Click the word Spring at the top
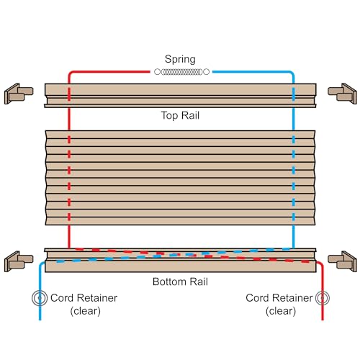tap(180, 59)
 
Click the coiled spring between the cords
tap(181, 72)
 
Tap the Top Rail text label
tap(180, 115)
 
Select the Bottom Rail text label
tap(180, 281)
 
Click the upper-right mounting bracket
tap(341, 92)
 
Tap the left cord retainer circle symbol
tap(38, 297)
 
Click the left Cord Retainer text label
tap(84, 298)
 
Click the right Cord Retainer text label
tap(278, 298)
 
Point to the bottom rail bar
tap(180, 260)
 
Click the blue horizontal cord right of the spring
tap(252, 72)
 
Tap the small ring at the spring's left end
tap(156, 72)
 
